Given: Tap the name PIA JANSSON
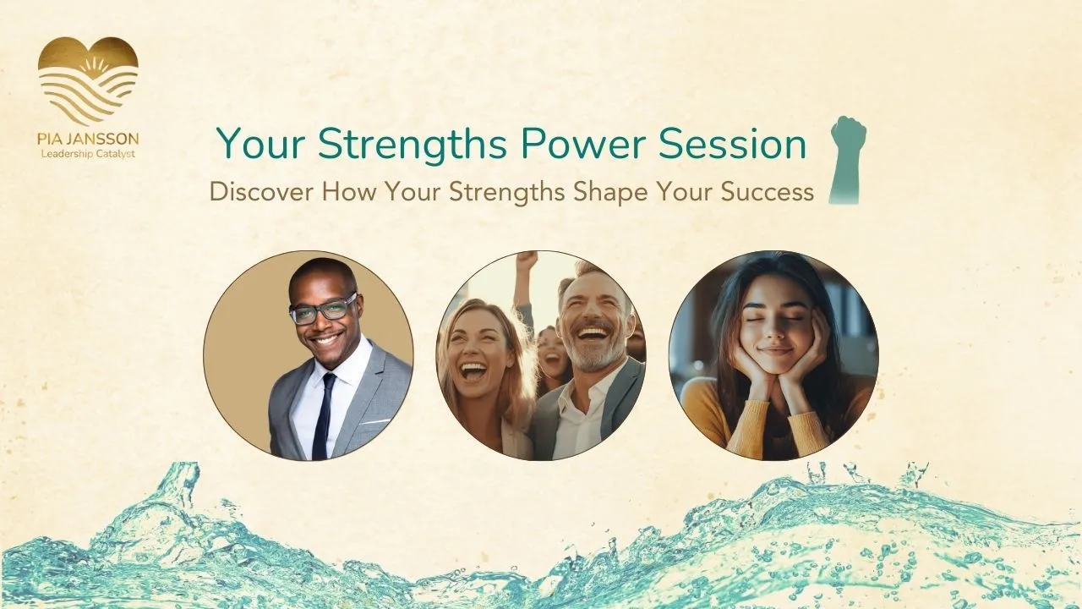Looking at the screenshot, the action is coord(89,140).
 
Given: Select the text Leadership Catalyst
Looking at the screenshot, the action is coord(89,154).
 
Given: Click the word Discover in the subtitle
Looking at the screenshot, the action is coord(262,192).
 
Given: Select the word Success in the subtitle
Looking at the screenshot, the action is coord(767,192).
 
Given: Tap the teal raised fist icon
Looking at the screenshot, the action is coord(846,160).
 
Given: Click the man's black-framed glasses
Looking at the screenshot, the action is coord(324,309).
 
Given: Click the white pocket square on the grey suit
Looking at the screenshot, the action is coord(374,422).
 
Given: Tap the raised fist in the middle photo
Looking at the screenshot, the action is coord(527,261).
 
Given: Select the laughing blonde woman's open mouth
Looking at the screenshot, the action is coord(475,373).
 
